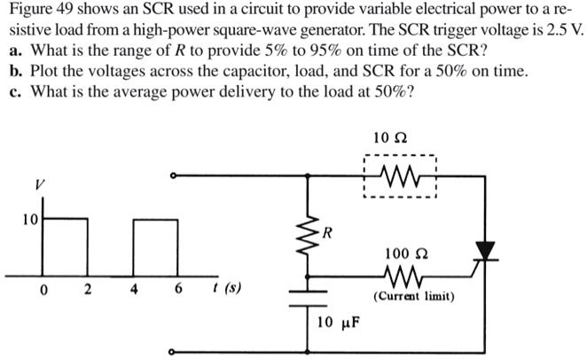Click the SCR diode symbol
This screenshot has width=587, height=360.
pyautogui.click(x=484, y=252)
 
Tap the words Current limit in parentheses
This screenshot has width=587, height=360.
pyautogui.click(x=414, y=296)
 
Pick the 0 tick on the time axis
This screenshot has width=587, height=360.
pyautogui.click(x=44, y=288)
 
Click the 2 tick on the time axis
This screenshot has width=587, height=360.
pyautogui.click(x=89, y=288)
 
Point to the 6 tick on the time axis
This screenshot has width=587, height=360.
pyautogui.click(x=177, y=288)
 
